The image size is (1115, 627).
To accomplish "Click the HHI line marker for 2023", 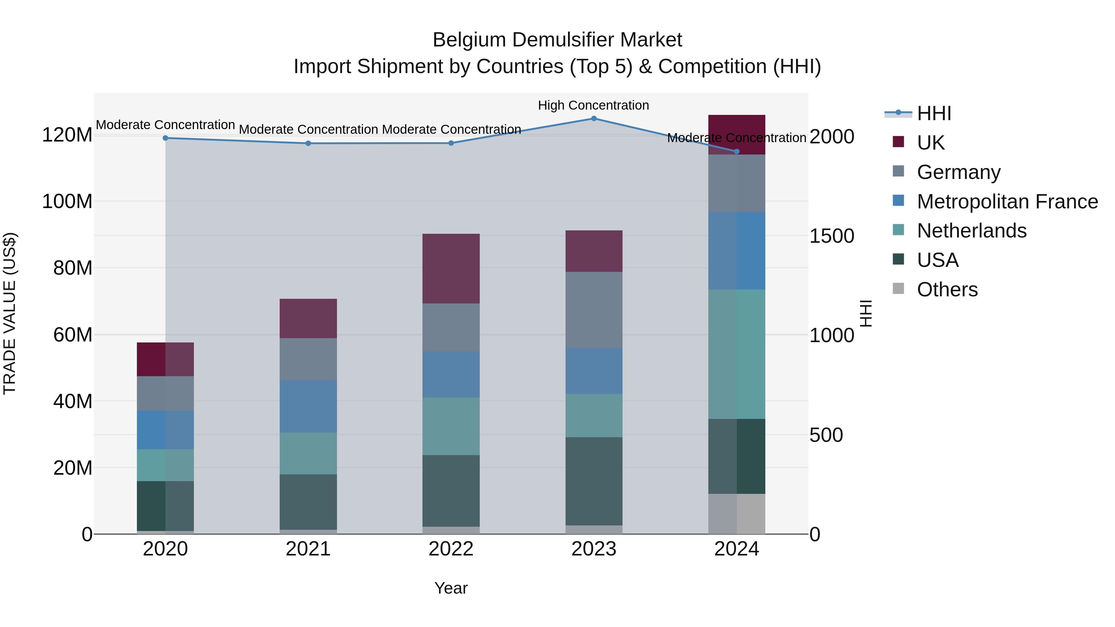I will [x=594, y=119].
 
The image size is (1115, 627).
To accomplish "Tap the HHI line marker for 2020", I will [x=165, y=138].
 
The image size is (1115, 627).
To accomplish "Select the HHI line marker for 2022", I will [x=451, y=143].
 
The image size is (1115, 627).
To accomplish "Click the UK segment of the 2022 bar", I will [x=451, y=269].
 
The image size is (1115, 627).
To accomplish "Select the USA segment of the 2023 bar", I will [x=594, y=481].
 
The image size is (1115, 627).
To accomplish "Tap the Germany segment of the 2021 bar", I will [x=308, y=359].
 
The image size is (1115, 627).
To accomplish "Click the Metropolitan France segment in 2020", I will [x=165, y=430].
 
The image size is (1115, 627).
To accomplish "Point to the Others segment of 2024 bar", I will [x=737, y=514].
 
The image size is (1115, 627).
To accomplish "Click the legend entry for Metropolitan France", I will [x=1007, y=202].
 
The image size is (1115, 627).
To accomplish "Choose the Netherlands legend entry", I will [x=971, y=231].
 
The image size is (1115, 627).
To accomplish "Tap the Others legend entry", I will [x=947, y=290].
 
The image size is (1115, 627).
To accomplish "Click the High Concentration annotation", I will [x=593, y=105].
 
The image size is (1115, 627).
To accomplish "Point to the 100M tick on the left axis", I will [x=67, y=202].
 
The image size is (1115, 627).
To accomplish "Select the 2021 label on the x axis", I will [x=308, y=549].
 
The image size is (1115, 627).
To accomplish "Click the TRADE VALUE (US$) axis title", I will [x=10, y=313].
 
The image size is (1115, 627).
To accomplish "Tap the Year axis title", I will [x=451, y=588].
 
